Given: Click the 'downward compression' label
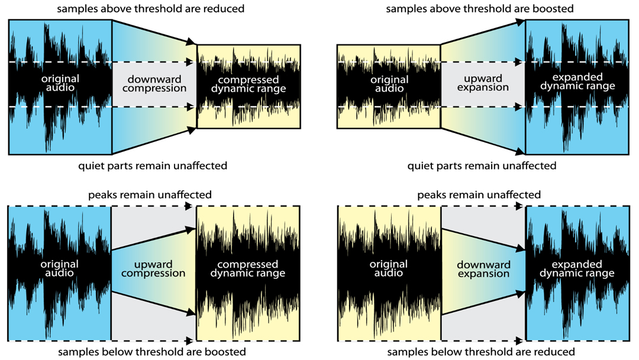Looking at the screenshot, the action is tap(154, 83).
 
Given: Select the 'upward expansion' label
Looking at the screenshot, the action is tap(483, 83).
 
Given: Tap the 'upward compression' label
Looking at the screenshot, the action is tap(153, 269).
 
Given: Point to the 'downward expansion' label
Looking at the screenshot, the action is tap(484, 269).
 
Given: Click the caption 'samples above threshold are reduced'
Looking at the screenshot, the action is tap(151, 9).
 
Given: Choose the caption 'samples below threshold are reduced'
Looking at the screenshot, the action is tap(481, 352).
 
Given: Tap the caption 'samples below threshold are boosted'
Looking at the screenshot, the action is tap(152, 352).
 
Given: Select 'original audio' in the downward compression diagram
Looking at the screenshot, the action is tap(60, 83).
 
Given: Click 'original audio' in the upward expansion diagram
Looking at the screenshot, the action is tap(389, 84).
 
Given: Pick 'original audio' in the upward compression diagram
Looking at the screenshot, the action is tap(60, 269).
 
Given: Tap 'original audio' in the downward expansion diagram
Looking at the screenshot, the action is tap(389, 269).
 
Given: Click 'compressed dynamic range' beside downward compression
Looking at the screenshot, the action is tap(248, 85).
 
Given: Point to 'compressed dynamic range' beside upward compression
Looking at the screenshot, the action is tap(248, 269).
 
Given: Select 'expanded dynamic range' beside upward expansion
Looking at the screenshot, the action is tap(577, 82).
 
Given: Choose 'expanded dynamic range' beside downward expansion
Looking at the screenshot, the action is tap(577, 269).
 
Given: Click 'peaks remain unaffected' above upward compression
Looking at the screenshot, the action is tap(150, 195).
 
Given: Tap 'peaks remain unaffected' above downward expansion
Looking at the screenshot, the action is tap(479, 195).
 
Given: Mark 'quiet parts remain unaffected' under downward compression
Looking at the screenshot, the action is tap(153, 166).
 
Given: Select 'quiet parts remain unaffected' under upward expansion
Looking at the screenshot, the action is tap(482, 166).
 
